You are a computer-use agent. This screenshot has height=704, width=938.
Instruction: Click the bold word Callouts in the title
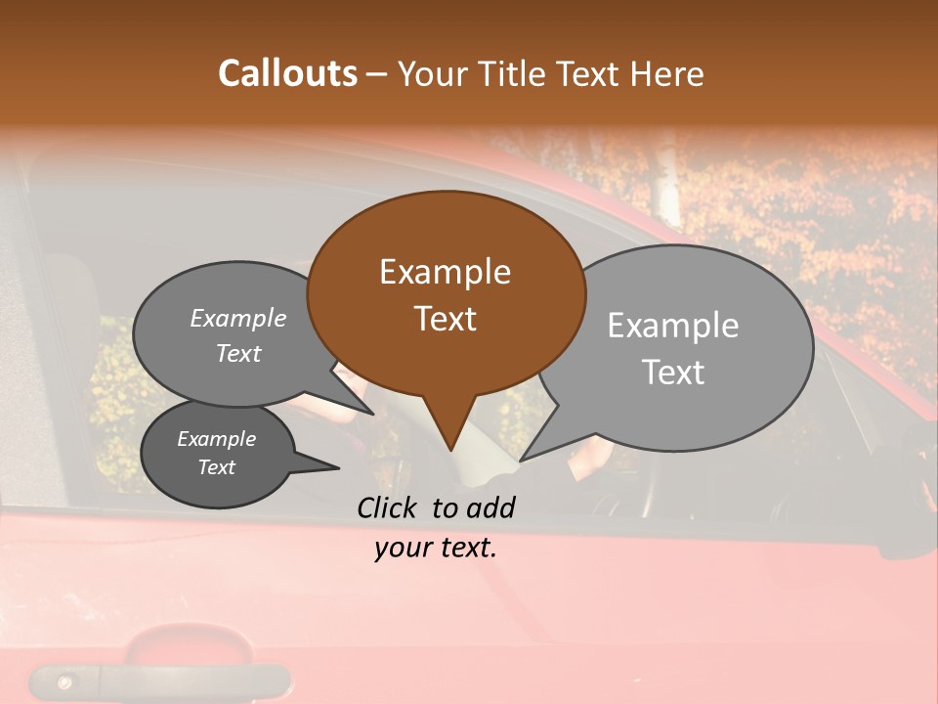click(287, 73)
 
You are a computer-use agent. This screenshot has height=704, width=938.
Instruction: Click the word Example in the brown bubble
click(445, 272)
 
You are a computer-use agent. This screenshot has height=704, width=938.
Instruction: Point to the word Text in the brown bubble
click(445, 319)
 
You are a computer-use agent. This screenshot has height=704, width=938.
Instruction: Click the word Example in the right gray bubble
click(672, 326)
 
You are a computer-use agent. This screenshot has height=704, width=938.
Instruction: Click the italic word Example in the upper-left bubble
click(237, 318)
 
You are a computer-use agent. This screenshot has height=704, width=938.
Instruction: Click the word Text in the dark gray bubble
click(216, 467)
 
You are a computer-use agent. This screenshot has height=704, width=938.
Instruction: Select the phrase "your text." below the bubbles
click(435, 549)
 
